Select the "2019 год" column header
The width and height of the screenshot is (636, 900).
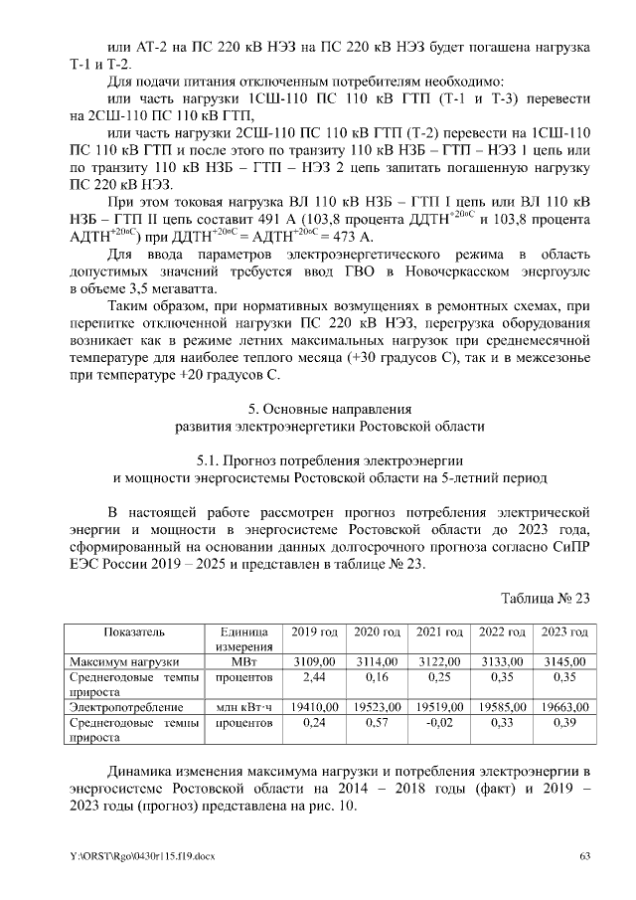[x=314, y=632]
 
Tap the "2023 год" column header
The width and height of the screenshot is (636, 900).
[x=562, y=632]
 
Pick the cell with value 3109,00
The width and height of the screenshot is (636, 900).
[x=315, y=660]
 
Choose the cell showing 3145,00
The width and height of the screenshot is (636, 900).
[x=562, y=660]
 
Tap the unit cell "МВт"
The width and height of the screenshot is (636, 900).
[x=242, y=660]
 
